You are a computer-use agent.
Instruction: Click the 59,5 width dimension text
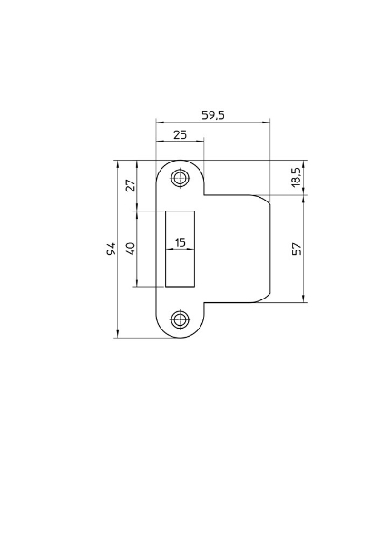(x=213, y=115)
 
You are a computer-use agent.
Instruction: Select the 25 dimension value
(x=180, y=134)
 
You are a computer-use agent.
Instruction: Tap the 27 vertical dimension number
(x=130, y=185)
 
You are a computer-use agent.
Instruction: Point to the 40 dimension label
(x=130, y=248)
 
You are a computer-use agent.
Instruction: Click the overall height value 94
(x=110, y=249)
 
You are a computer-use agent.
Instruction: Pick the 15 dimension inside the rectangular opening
(x=180, y=242)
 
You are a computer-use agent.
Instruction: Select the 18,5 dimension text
(x=296, y=175)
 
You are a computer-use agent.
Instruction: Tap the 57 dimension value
(x=296, y=248)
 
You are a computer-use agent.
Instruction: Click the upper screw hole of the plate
(x=181, y=178)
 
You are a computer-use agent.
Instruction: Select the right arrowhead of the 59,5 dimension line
(x=269, y=123)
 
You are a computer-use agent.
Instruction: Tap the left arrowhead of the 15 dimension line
(x=168, y=250)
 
